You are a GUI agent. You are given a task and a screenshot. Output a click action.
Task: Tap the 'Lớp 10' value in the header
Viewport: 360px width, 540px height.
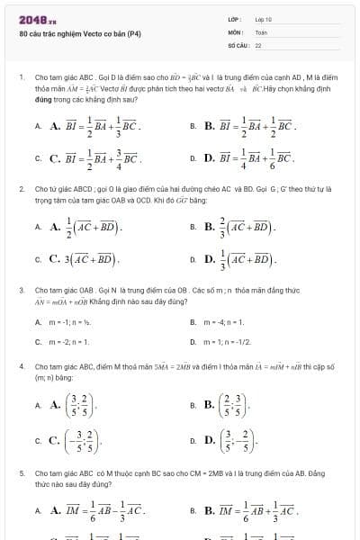[x=264, y=19]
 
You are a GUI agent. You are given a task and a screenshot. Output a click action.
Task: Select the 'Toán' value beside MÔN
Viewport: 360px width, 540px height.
[x=261, y=31]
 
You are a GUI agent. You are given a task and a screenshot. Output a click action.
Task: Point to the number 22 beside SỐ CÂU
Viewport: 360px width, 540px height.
[x=258, y=44]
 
